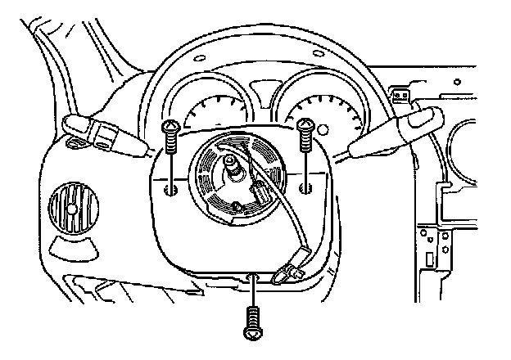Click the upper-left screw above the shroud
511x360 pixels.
[x=170, y=136]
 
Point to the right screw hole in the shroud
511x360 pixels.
[x=305, y=189]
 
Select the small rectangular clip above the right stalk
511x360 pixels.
[x=400, y=97]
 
